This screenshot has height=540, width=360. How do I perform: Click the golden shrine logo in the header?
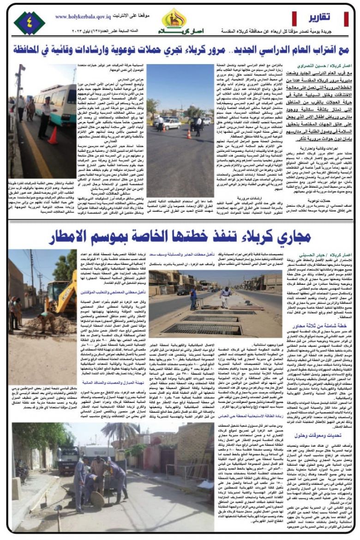(x=174, y=19)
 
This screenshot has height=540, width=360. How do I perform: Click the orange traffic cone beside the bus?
(x=54, y=135)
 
